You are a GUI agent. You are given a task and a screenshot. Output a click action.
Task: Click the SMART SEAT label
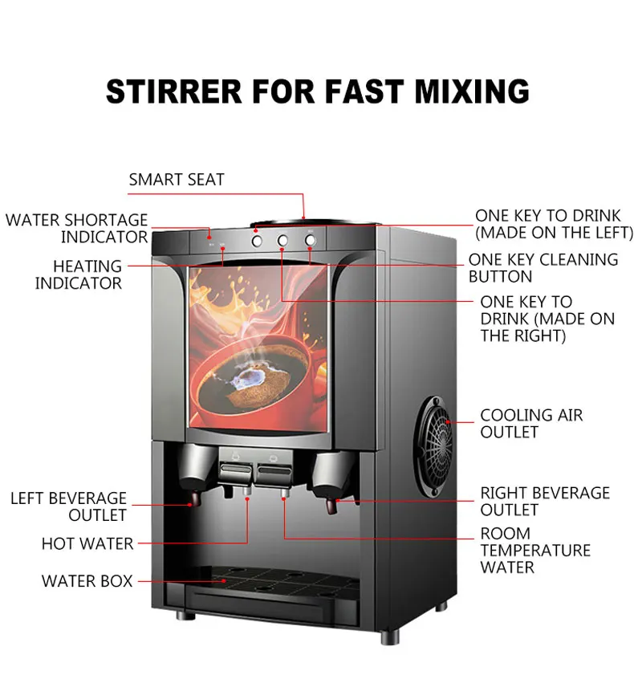click(177, 180)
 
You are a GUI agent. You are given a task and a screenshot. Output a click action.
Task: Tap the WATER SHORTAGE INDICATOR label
click(77, 228)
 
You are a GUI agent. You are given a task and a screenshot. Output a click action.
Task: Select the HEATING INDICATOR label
click(78, 274)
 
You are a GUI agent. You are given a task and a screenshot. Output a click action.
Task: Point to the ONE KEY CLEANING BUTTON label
click(543, 268)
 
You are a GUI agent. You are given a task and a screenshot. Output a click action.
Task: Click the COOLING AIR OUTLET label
click(531, 424)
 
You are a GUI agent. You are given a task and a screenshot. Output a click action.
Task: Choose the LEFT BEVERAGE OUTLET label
click(68, 506)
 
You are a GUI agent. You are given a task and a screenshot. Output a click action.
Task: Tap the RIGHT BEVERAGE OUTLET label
click(545, 501)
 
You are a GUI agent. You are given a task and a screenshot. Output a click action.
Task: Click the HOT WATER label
click(87, 544)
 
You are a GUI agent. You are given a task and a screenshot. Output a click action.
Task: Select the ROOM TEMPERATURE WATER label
click(534, 551)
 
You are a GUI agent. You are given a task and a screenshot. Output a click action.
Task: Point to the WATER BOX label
click(87, 581)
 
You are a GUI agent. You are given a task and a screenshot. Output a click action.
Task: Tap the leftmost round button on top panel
click(257, 239)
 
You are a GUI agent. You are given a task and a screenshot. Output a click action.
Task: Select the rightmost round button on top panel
click(311, 239)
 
